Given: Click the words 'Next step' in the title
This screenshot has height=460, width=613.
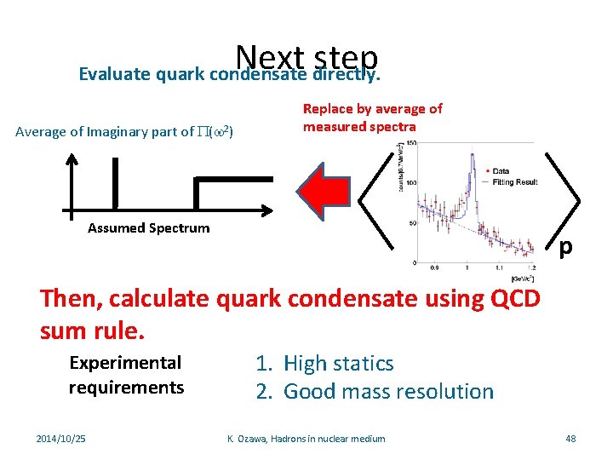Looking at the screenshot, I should tap(307, 57).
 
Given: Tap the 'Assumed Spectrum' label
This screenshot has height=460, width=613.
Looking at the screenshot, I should tap(148, 228).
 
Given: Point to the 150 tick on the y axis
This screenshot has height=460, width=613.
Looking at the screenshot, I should tap(409, 142).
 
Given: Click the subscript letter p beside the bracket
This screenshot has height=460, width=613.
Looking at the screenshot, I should tap(565, 247).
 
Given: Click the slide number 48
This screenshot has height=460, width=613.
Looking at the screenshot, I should tap(570, 439).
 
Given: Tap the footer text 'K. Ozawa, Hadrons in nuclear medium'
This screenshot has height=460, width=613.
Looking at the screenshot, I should tap(306, 439).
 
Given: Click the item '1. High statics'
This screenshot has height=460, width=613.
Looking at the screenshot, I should tap(324, 364).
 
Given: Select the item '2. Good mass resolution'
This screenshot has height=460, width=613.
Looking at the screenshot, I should tap(375, 392).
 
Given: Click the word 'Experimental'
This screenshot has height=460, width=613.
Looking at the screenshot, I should tap(125, 363).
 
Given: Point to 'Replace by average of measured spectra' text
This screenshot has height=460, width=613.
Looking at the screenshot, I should tap(373, 118).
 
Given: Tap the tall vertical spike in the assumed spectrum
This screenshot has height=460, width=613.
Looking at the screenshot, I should tap(114, 182).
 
